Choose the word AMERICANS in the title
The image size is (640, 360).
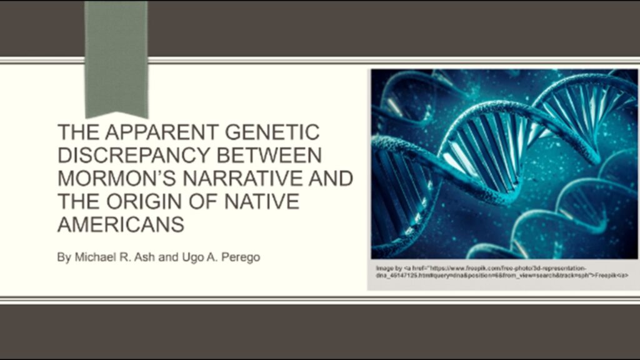(x=121, y=224)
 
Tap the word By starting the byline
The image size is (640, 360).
(x=64, y=257)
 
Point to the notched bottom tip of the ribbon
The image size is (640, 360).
(x=116, y=113)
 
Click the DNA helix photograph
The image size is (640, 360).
(x=504, y=162)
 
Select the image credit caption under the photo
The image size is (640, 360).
(x=500, y=271)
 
